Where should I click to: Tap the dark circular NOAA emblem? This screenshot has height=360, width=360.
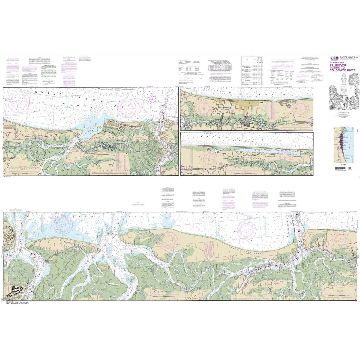point(333,58)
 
